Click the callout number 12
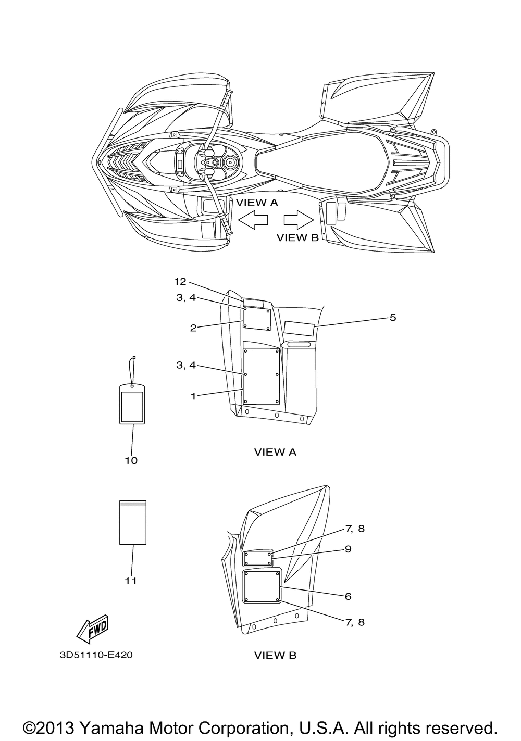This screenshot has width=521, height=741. [x=180, y=282]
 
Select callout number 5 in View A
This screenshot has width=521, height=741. [x=392, y=318]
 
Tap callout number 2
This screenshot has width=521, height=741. [x=193, y=328]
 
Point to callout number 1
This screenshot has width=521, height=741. [x=193, y=396]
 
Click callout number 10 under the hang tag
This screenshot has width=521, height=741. [x=131, y=460]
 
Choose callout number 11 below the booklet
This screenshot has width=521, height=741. [x=131, y=581]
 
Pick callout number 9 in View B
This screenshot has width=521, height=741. [x=348, y=549]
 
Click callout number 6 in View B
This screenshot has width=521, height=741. [x=348, y=596]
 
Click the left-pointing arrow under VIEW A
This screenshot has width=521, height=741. [x=253, y=220]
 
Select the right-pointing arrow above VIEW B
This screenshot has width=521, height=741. [x=299, y=220]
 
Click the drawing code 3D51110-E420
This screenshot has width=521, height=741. [x=96, y=655]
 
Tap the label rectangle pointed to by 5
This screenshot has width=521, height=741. [x=299, y=328]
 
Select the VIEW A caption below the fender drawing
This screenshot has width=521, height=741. [x=275, y=452]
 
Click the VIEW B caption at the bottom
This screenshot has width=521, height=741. [x=275, y=655]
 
